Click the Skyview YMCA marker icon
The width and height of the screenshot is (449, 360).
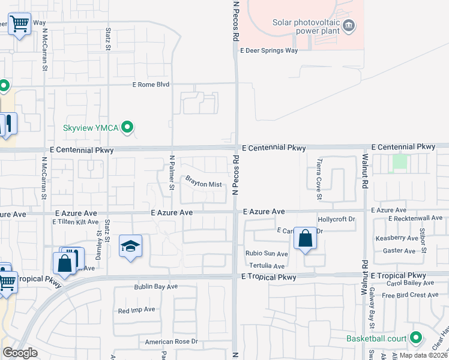(127, 127)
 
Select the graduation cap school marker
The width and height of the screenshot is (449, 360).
(130, 246)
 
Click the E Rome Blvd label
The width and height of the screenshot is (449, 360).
(151, 85)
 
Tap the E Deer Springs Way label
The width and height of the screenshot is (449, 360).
(269, 51)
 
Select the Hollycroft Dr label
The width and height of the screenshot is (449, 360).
(336, 220)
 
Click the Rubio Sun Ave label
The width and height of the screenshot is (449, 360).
(266, 254)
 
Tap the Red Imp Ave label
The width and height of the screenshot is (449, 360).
(136, 310)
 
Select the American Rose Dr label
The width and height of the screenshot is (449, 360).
(171, 342)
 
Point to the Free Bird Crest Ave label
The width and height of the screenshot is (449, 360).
(410, 295)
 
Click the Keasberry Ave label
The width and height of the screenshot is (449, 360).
(396, 238)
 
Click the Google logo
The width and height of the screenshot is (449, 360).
(20, 352)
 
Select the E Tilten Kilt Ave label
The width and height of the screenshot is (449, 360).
(75, 222)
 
